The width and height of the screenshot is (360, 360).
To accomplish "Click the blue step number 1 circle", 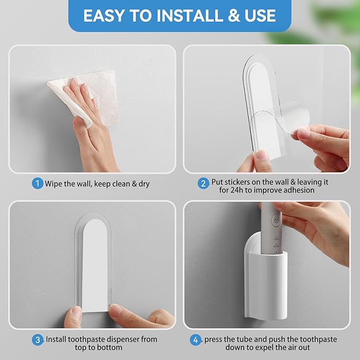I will pyautogui.click(x=37, y=184).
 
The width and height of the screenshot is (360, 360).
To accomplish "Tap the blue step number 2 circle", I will pyautogui.click(x=203, y=184).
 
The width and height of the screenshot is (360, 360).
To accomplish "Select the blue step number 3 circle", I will pyautogui.click(x=37, y=339).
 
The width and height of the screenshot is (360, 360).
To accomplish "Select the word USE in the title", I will pyautogui.click(x=264, y=16).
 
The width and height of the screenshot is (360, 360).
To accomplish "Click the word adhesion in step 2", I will pyautogui.click(x=298, y=190).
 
